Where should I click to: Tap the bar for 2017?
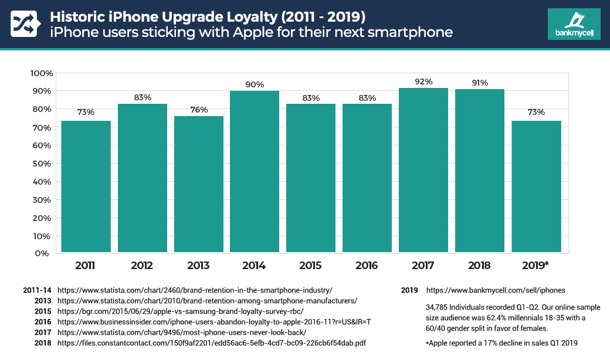[x=423, y=170]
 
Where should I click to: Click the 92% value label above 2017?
[x=423, y=81]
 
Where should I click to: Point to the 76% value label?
[x=198, y=110]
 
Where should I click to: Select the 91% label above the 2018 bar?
[x=479, y=83]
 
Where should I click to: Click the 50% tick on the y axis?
[x=42, y=164]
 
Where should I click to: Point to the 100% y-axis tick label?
[x=41, y=73]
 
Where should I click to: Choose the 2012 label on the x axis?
[x=141, y=266]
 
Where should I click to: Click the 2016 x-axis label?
[x=367, y=266]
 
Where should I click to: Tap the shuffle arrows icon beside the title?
[x=25, y=24]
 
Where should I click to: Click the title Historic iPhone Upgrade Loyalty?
[x=199, y=14]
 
